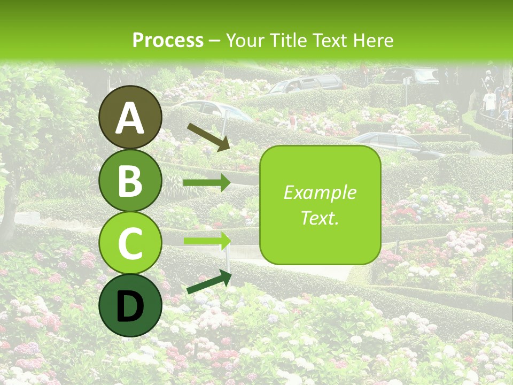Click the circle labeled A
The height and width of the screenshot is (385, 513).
131,117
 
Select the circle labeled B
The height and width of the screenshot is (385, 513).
131,180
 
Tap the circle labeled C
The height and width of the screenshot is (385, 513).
131,243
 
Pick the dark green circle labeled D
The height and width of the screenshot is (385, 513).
131,305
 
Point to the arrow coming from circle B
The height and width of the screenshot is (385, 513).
207,183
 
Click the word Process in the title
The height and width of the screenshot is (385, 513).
168,40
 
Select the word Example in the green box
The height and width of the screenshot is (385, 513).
320,192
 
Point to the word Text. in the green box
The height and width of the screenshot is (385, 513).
320,218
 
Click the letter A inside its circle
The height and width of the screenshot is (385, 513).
131,118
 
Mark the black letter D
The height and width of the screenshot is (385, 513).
131,306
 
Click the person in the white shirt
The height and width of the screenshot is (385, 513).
489,102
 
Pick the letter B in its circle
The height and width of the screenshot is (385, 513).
131,181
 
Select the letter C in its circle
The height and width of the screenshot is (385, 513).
131,244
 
